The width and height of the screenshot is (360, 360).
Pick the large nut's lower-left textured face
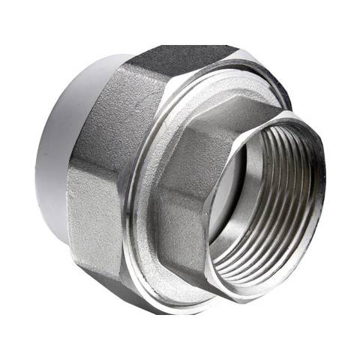tap(90, 217)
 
